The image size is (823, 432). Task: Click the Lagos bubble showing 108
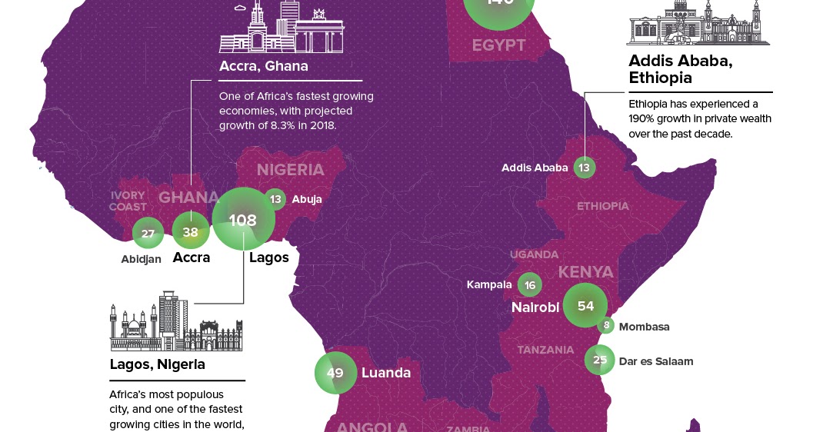tap(243, 220)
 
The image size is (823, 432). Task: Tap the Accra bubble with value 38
tap(191, 231)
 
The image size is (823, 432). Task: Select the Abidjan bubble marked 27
tap(148, 233)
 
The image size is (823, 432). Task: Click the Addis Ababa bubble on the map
tap(585, 168)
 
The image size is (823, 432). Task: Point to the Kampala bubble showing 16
tap(529, 285)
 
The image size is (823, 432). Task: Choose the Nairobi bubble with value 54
tap(585, 305)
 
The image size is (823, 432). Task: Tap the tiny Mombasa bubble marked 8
tap(607, 326)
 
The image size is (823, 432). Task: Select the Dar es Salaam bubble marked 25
tap(600, 360)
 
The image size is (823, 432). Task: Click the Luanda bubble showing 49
tap(335, 373)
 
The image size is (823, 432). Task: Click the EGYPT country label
tap(498, 45)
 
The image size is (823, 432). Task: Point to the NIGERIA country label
tap(290, 170)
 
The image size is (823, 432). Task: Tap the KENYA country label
tap(585, 272)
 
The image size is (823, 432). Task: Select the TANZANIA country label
tap(545, 350)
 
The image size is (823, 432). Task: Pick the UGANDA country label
tap(534, 254)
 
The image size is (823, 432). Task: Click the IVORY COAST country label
tap(128, 201)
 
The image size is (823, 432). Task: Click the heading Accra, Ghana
tap(263, 66)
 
